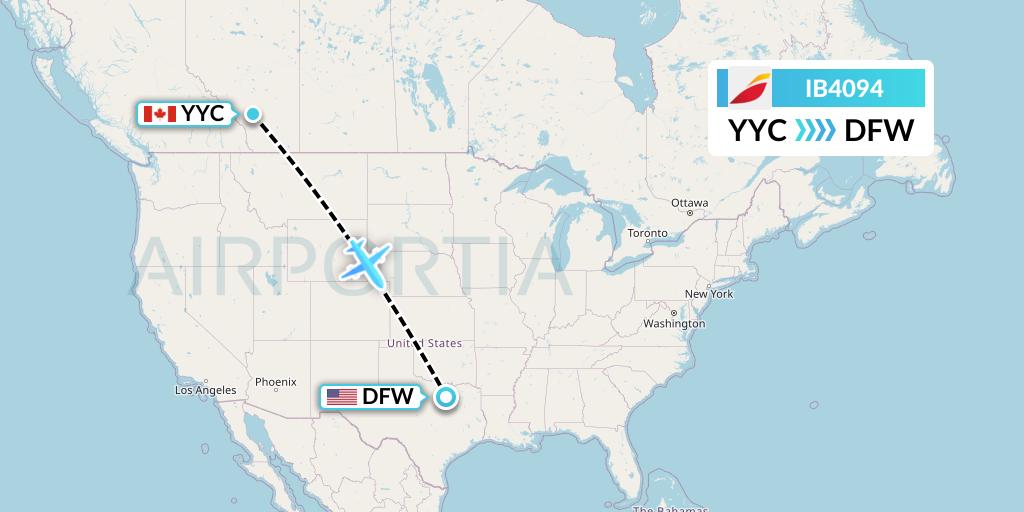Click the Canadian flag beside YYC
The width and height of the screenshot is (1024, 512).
click(x=160, y=114)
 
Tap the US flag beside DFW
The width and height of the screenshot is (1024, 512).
click(x=342, y=397)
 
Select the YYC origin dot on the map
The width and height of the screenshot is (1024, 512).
click(x=254, y=114)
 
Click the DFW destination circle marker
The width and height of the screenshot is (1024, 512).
click(x=446, y=397)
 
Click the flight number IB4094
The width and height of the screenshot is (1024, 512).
click(x=844, y=89)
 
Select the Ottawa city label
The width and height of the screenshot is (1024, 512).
click(x=690, y=203)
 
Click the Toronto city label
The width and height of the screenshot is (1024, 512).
click(x=647, y=234)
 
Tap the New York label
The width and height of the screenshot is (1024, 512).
click(x=709, y=294)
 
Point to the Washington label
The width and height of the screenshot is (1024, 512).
click(x=674, y=324)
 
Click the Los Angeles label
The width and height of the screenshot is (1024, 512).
click(x=205, y=390)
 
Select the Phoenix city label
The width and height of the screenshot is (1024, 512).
click(x=276, y=382)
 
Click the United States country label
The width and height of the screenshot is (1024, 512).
click(x=424, y=344)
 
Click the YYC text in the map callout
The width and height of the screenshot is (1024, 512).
click(x=203, y=114)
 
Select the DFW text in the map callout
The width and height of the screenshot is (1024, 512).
click(x=388, y=397)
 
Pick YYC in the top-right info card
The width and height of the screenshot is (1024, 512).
click(x=757, y=130)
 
